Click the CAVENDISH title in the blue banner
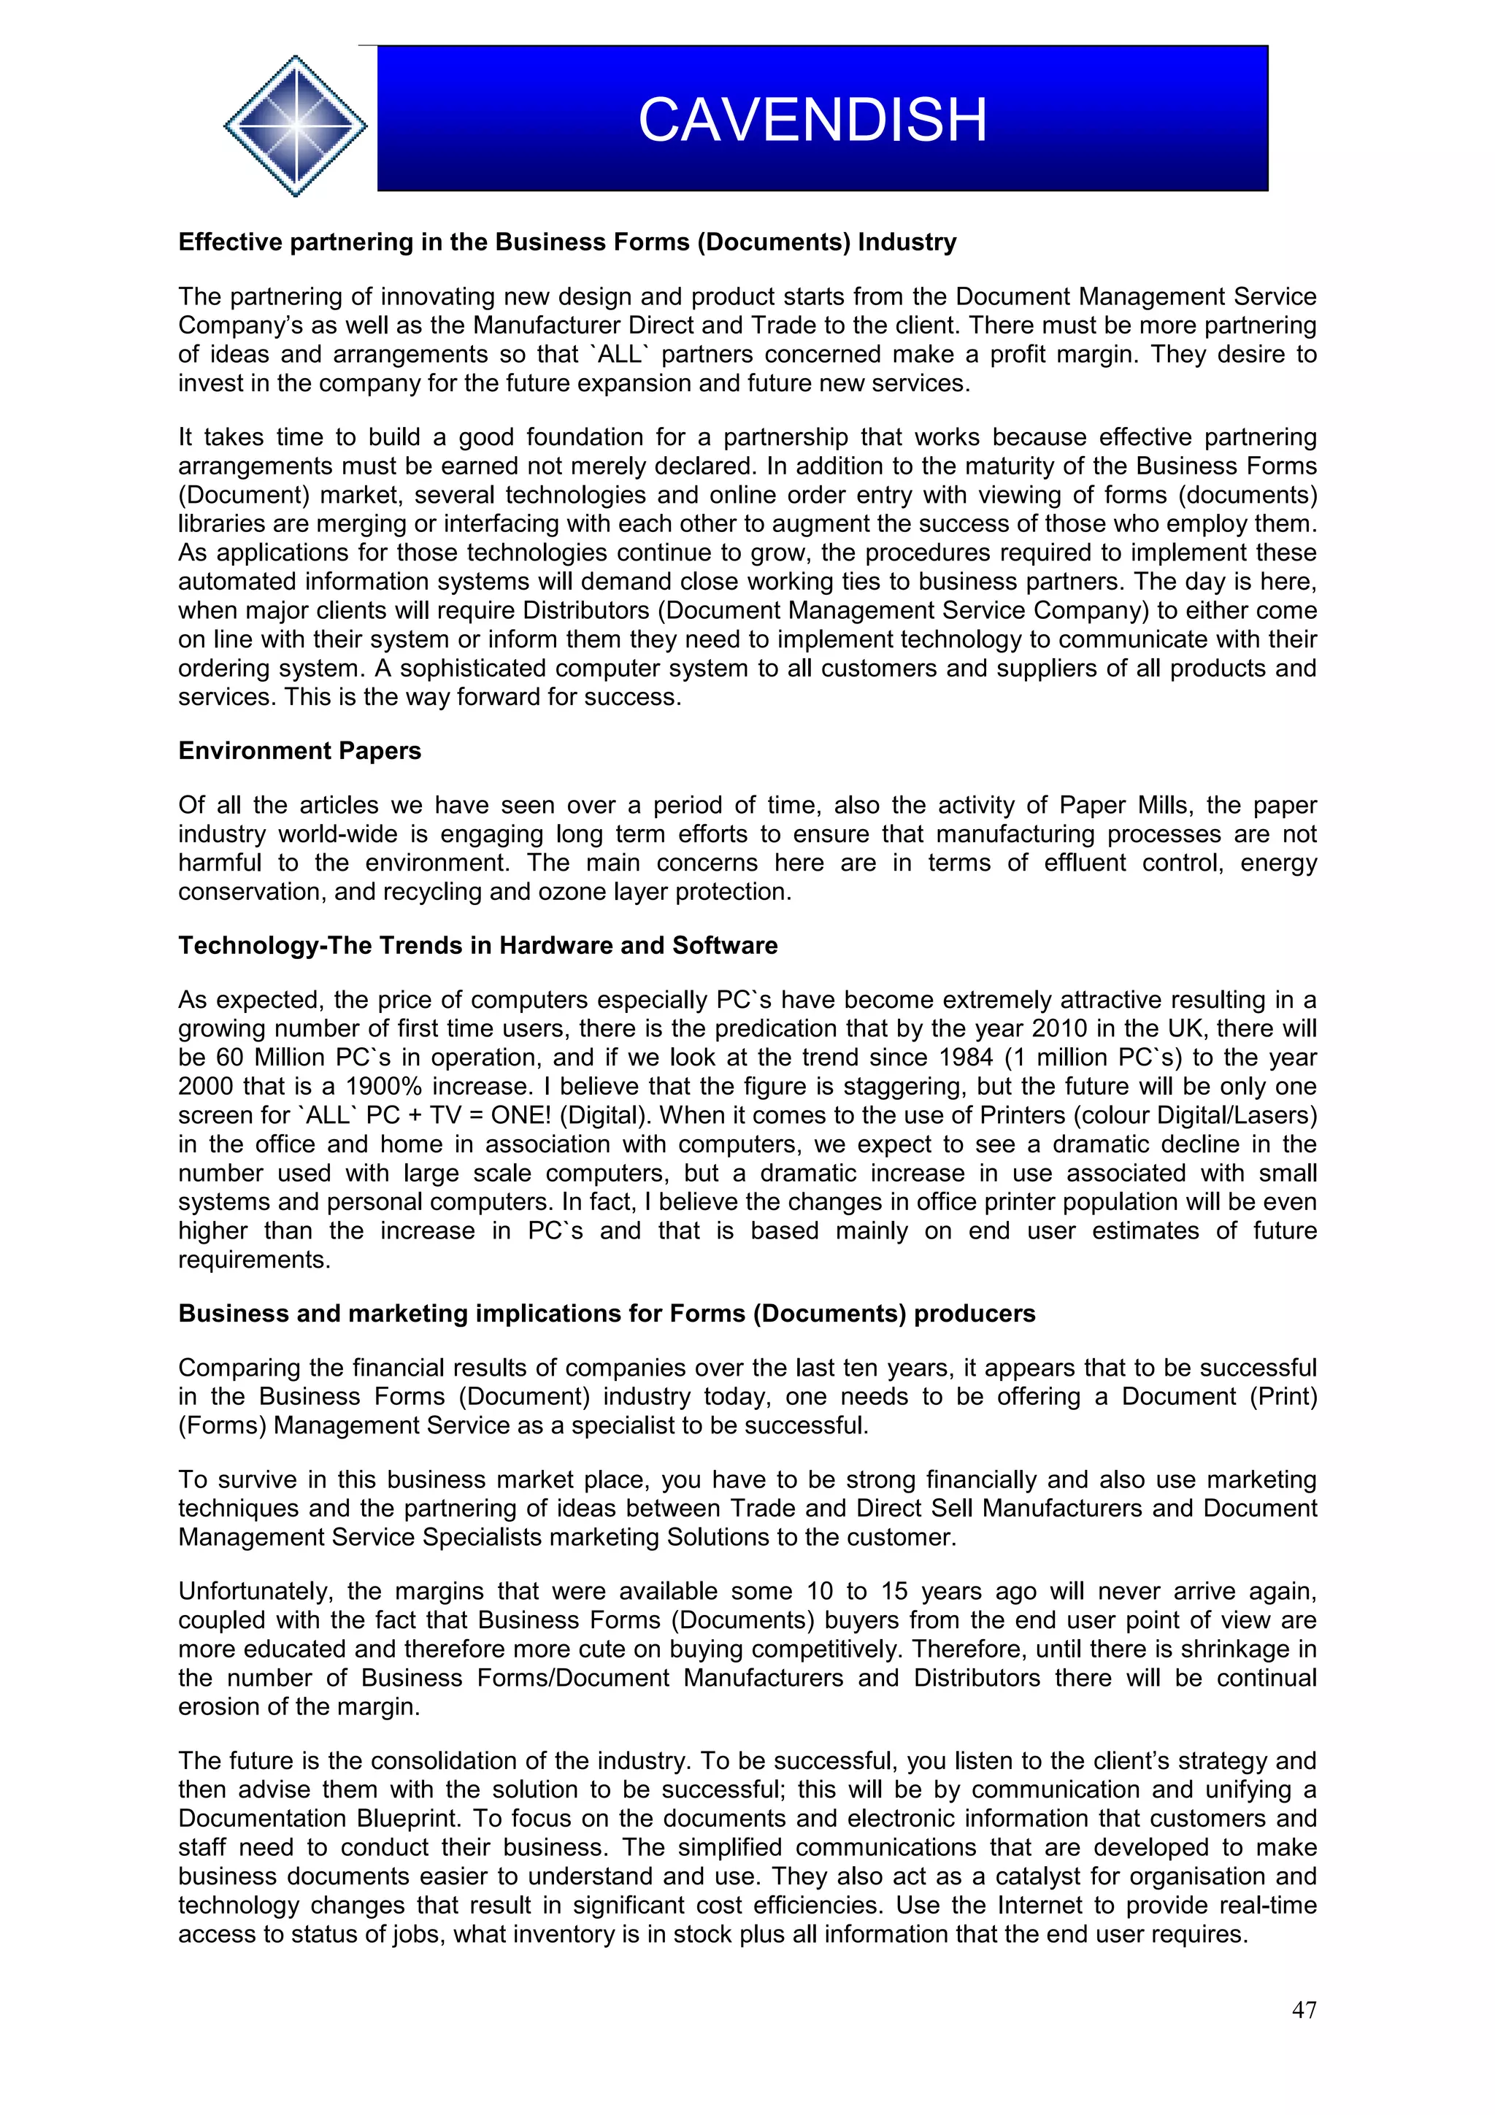pos(812,120)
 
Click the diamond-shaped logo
pos(295,126)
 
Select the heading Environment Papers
pos(299,751)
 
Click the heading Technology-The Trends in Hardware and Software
pos(477,945)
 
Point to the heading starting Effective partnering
pos(566,242)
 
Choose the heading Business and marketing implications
pos(606,1313)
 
